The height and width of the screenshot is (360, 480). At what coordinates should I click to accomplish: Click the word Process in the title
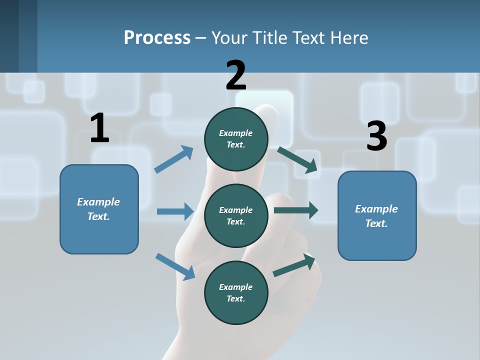pos(157,38)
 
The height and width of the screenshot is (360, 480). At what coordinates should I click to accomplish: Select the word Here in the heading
pos(349,38)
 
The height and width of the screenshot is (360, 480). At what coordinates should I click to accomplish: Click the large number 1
pos(99,128)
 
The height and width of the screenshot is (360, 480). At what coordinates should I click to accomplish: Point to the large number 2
pos(236,75)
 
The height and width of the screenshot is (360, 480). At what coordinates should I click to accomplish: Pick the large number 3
pos(376,136)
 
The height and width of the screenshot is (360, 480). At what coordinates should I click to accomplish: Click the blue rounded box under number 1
pos(99,209)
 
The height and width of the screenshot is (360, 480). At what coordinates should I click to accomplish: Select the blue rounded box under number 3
pos(377,216)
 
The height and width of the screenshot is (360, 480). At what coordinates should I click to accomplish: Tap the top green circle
pos(236,139)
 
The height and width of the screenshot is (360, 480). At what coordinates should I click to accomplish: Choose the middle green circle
pos(236,215)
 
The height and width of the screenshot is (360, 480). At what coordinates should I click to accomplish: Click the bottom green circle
pos(236,292)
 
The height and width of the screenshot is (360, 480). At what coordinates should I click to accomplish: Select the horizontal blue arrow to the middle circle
pos(175,211)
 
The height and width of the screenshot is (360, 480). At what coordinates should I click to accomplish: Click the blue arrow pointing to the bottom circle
pos(175,266)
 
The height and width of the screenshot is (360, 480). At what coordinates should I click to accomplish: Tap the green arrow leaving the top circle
pos(298,159)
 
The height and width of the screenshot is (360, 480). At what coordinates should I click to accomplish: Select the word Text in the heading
pos(310,38)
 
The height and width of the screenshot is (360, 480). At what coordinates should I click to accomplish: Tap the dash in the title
pos(201,38)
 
